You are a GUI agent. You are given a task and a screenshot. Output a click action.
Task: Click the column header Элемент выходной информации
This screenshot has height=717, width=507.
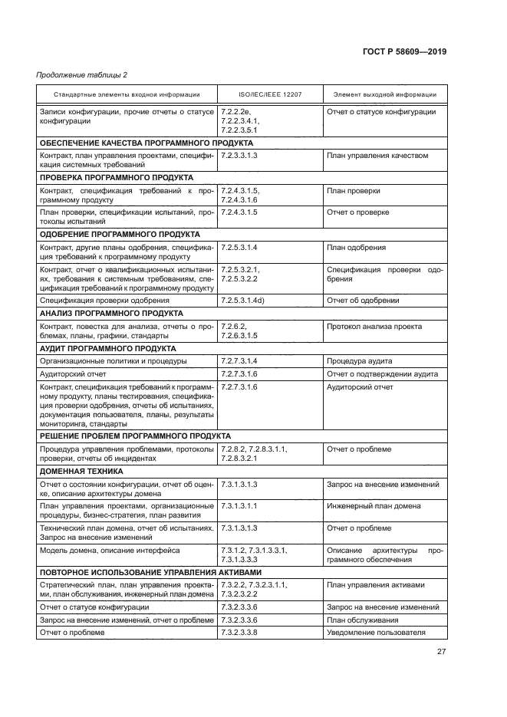(x=374, y=94)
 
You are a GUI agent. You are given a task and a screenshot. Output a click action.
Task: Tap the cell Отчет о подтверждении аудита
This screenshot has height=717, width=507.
(x=382, y=374)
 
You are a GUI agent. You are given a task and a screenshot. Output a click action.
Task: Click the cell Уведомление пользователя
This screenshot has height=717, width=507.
(x=375, y=632)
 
